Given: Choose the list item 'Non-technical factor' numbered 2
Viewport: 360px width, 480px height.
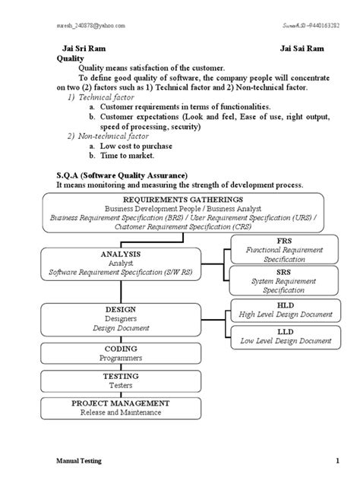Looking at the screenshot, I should click(x=109, y=135).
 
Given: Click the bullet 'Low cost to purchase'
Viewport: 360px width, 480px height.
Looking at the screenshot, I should click(x=137, y=145).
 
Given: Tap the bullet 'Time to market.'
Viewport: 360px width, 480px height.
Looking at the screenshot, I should click(x=126, y=155).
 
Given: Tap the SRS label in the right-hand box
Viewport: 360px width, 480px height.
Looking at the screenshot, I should click(x=284, y=272).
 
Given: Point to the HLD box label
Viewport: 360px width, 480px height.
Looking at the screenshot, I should click(x=284, y=304).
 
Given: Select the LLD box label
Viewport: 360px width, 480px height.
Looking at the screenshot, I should click(x=284, y=332).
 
